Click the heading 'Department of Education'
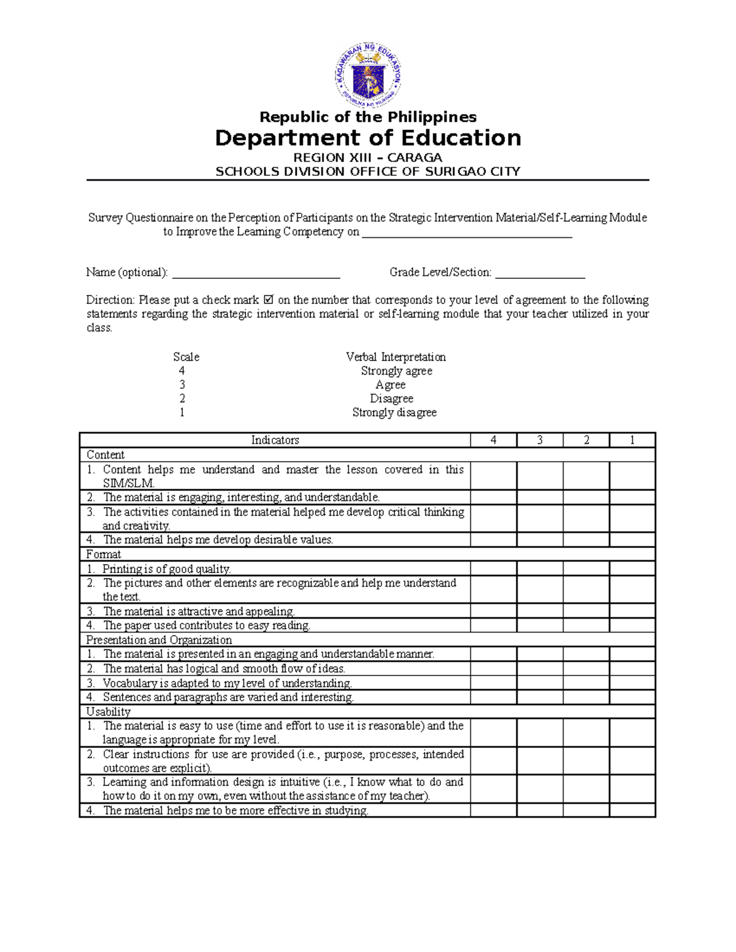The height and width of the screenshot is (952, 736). click(x=368, y=138)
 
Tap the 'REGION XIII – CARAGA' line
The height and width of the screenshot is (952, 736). click(x=368, y=158)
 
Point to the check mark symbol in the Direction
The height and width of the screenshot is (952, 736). click(x=268, y=300)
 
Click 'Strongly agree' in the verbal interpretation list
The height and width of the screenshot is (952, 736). click(x=396, y=371)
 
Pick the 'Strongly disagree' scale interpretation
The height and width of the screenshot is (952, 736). click(x=394, y=413)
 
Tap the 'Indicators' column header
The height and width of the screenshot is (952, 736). click(x=275, y=440)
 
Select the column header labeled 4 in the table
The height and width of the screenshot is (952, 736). click(x=493, y=440)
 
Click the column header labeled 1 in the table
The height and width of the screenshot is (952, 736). click(x=632, y=440)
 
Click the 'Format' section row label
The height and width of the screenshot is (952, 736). click(x=103, y=554)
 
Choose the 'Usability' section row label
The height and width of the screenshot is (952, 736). click(x=108, y=712)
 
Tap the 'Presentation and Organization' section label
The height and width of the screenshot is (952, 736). click(x=159, y=640)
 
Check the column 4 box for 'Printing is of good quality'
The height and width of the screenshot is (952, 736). click(x=493, y=569)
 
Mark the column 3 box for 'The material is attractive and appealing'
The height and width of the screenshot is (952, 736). click(x=540, y=611)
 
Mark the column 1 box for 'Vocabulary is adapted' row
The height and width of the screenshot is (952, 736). click(x=632, y=683)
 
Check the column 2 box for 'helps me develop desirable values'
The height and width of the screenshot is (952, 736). click(x=586, y=540)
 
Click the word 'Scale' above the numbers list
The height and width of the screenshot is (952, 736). click(x=186, y=357)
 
